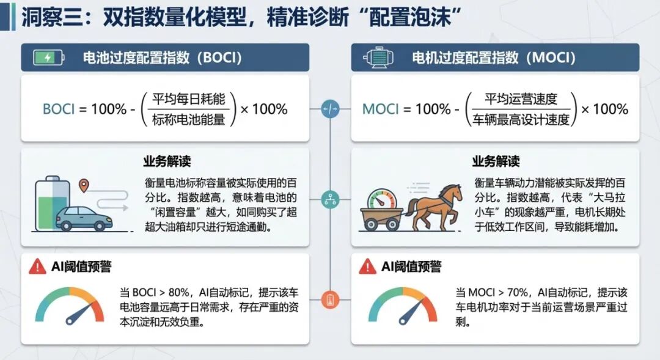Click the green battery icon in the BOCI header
click(49, 57)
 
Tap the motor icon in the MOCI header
click(379, 57)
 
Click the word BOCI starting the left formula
click(59, 109)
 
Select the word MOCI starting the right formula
click(381, 109)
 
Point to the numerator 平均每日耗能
click(189, 99)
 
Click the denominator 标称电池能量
click(189, 120)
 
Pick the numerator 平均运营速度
click(521, 99)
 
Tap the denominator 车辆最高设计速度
click(521, 120)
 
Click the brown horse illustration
click(434, 207)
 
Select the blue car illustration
click(84, 218)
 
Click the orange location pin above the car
click(84, 185)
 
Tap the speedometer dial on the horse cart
click(382, 199)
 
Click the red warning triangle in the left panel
click(37, 266)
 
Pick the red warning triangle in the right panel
click(367, 266)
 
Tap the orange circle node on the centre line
click(330, 300)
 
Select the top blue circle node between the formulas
click(330, 109)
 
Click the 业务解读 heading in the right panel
click(496, 161)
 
